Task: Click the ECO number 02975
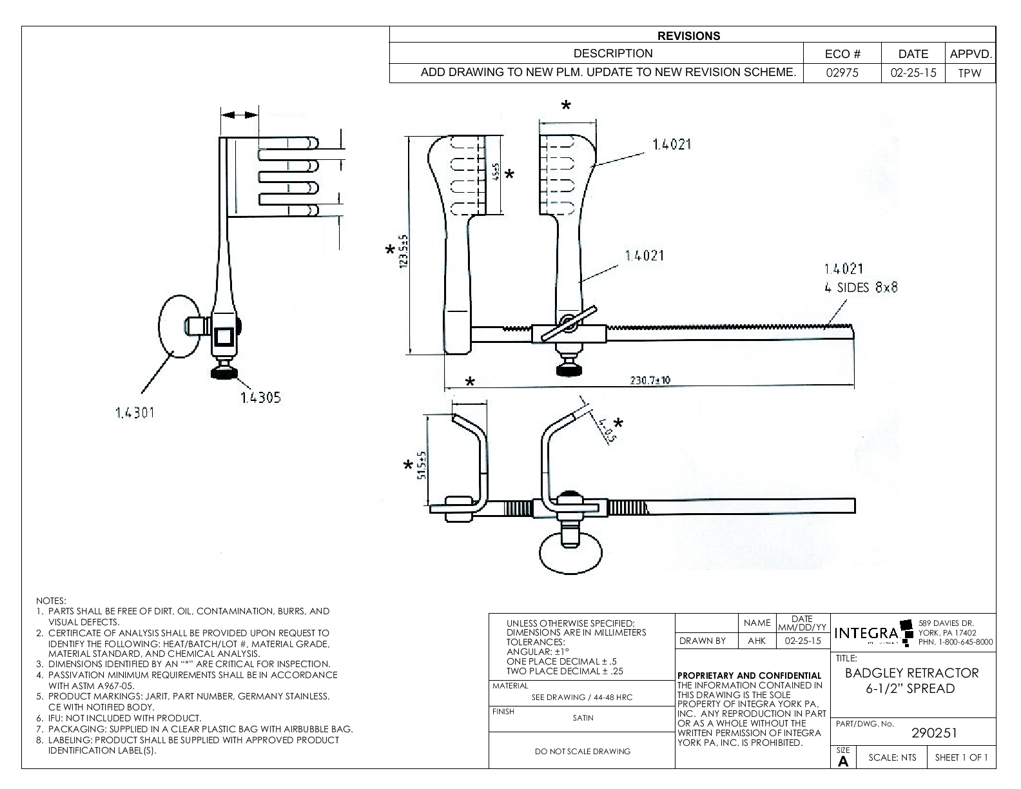(842, 73)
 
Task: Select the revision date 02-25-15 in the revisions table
(913, 73)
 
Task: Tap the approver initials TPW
(969, 73)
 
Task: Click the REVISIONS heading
(689, 36)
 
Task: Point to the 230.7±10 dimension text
(650, 380)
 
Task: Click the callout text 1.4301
(135, 413)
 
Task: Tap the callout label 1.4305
(260, 398)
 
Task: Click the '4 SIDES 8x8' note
(861, 287)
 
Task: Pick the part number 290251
(934, 733)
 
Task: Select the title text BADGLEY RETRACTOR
(911, 673)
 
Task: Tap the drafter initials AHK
(757, 641)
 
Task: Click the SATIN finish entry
(583, 717)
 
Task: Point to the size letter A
(843, 761)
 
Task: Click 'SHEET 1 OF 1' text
(961, 757)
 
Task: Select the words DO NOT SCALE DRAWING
(583, 751)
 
